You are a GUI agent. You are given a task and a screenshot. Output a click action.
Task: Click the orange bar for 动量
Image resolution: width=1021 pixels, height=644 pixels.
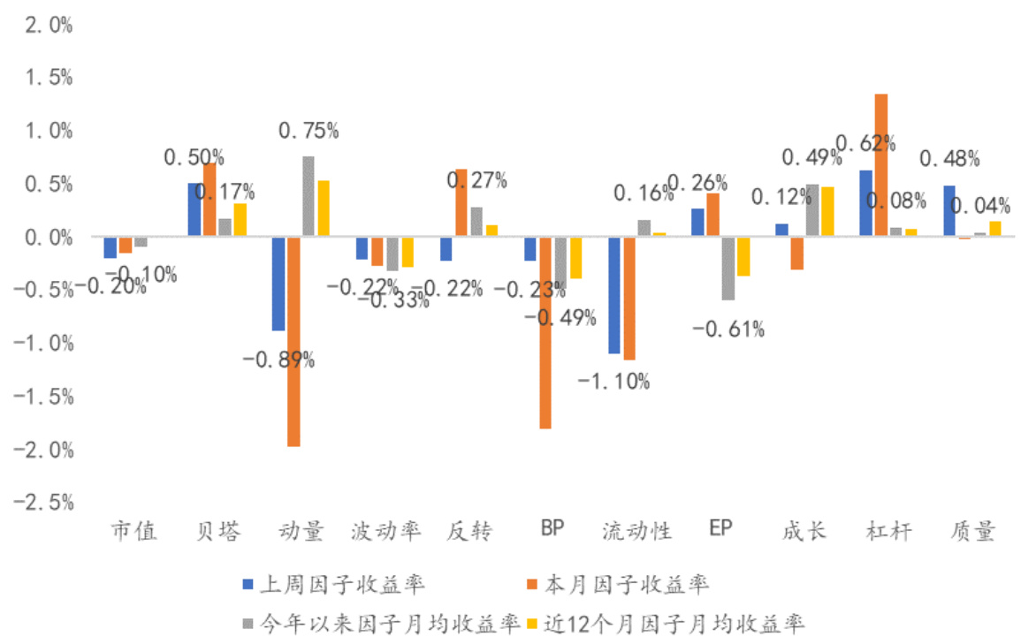(x=293, y=341)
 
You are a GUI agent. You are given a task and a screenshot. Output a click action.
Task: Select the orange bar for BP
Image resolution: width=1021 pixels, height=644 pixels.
(x=545, y=332)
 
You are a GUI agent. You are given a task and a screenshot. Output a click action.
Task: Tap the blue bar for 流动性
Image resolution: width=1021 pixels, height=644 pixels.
(x=613, y=295)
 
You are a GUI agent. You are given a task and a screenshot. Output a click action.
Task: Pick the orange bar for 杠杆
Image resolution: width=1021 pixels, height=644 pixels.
(x=880, y=165)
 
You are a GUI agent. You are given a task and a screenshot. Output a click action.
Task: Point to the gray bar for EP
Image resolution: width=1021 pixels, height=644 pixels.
(x=727, y=269)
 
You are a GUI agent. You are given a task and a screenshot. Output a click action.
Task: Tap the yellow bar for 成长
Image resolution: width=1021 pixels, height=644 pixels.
(x=827, y=212)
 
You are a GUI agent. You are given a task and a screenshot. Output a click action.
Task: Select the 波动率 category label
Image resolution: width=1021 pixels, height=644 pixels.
(x=385, y=531)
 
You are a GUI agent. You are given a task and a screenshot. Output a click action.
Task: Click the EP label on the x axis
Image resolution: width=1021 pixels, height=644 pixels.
(x=720, y=529)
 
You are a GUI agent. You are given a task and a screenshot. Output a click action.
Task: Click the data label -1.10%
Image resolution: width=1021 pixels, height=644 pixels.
(x=613, y=382)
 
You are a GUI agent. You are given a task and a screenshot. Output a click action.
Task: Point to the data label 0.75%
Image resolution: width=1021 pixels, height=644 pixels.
(x=309, y=132)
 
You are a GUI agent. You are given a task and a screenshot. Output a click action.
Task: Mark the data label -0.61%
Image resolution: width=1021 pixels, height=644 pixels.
(x=728, y=330)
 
